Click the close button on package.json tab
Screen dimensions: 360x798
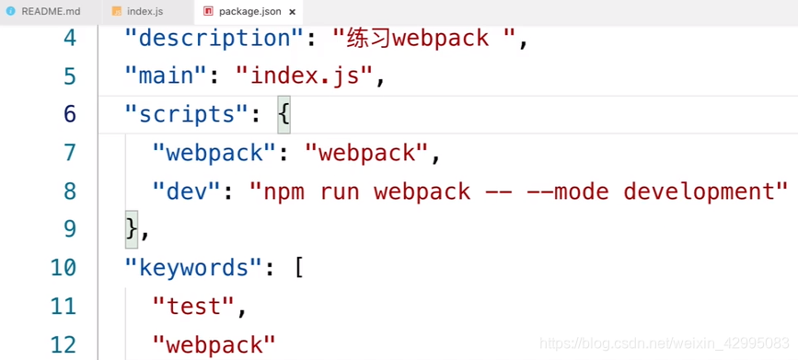coord(292,12)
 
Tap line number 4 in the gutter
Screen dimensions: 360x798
coord(69,39)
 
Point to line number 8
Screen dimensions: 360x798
coord(69,192)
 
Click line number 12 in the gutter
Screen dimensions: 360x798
coord(64,344)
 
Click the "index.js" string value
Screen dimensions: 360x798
coord(305,76)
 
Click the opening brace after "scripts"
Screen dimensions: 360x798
coord(283,115)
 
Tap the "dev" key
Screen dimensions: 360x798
coord(192,192)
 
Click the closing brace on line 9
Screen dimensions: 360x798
coord(132,229)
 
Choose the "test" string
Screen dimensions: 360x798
coord(194,306)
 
